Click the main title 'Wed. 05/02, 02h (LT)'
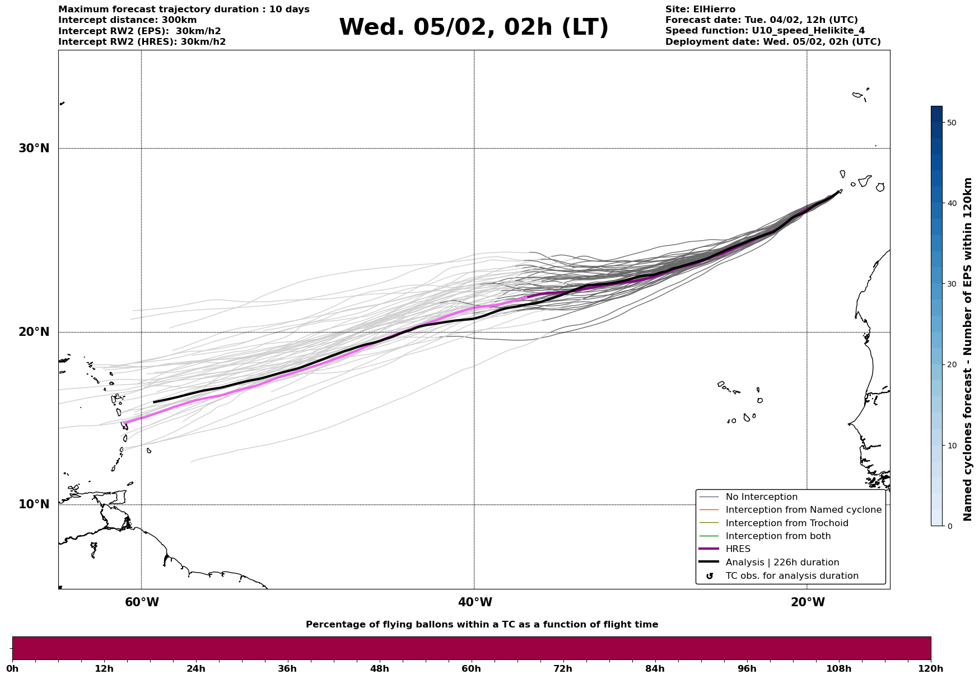[473, 28]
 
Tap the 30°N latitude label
[34, 148]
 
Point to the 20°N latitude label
[34, 332]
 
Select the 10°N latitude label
[34, 504]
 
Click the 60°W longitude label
[142, 602]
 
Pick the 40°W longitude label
[475, 602]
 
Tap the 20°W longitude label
[808, 602]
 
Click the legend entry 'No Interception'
[761, 497]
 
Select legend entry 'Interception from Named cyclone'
[803, 510]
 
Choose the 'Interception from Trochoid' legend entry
[786, 523]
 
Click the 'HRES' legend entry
[738, 549]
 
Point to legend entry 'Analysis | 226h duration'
[782, 563]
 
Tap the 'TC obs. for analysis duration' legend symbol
[710, 576]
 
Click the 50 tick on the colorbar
[951, 123]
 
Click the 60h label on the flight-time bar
[471, 669]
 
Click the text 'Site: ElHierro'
[700, 10]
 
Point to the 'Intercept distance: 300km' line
[127, 20]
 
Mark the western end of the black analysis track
[154, 402]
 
